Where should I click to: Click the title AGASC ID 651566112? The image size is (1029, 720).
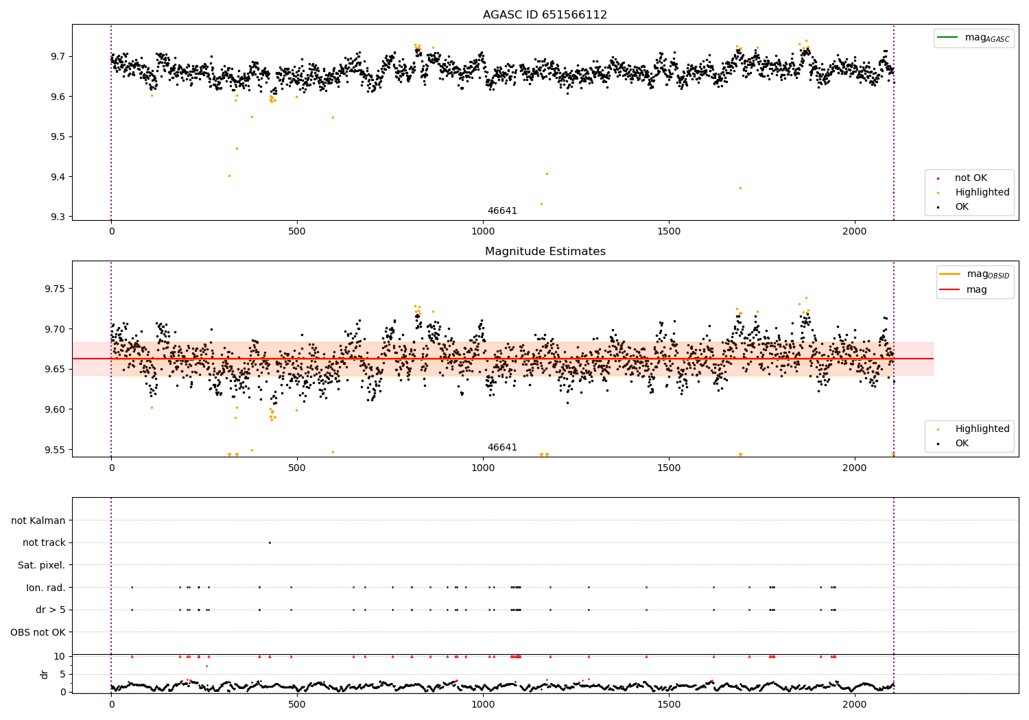pos(545,15)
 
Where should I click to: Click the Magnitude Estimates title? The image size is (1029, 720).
pos(545,252)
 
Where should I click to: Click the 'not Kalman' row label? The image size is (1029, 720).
pos(38,521)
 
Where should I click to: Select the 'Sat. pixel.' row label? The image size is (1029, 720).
pos(42,566)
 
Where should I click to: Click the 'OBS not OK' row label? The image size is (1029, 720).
pos(38,632)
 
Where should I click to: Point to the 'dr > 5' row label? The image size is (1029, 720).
pos(51,610)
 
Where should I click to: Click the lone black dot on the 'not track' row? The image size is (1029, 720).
pos(270,542)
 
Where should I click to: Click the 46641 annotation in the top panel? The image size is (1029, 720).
pos(502,211)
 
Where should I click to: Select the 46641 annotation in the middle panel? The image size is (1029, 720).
pos(502,448)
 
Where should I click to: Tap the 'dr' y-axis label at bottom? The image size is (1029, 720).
pos(45,674)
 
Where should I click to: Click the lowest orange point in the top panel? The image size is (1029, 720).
pos(541,204)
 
